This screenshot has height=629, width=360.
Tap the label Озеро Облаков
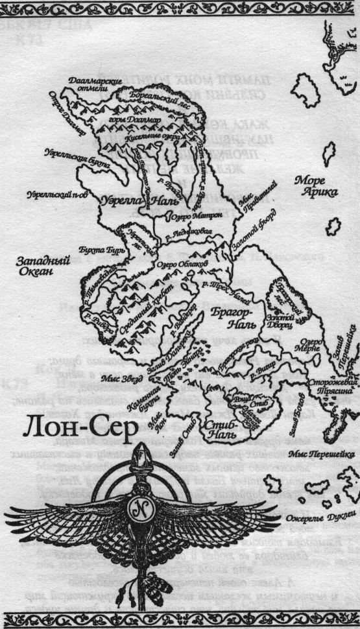coord(179,265)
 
